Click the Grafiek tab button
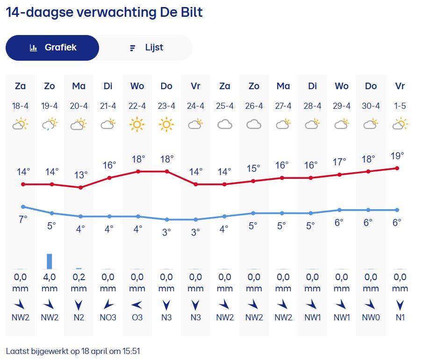tap(52, 48)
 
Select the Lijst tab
tap(146, 48)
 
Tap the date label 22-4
tap(137, 106)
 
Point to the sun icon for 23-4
tap(166, 125)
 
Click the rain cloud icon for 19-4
tap(50, 125)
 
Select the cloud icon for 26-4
tap(254, 125)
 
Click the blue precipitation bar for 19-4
tap(50, 261)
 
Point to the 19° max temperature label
tap(398, 156)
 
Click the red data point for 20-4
tap(81, 187)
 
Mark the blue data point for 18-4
tap(23, 206)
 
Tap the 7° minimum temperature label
tap(23, 219)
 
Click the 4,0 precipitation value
tap(50, 277)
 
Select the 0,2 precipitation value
tap(79, 277)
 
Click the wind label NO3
tap(108, 318)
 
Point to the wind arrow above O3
tap(137, 305)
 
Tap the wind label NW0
tap(371, 318)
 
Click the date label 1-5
tap(400, 106)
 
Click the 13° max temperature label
tap(81, 175)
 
